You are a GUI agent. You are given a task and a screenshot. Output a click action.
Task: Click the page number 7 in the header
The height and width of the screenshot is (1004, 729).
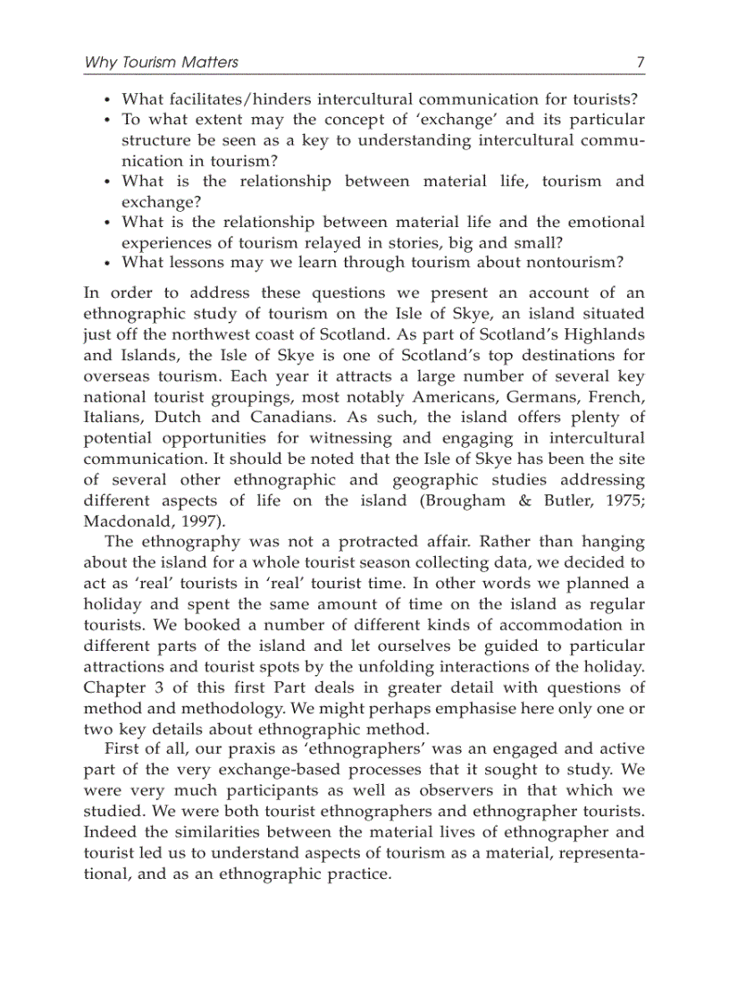click(x=640, y=63)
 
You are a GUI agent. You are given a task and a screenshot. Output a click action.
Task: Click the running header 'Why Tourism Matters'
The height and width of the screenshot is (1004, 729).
click(x=161, y=63)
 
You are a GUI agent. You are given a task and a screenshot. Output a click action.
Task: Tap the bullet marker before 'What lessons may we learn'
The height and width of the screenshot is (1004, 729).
click(x=107, y=263)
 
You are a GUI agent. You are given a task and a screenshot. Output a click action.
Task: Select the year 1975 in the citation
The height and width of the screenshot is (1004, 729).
click(x=623, y=501)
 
